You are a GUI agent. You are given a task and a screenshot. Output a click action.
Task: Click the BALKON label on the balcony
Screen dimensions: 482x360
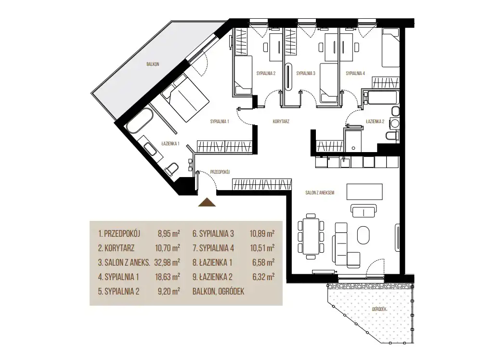tap(153, 64)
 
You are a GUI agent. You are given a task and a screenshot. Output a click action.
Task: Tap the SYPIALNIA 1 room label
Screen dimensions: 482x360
tap(220, 121)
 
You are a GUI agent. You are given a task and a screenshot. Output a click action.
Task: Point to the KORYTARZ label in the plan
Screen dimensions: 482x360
tap(281, 121)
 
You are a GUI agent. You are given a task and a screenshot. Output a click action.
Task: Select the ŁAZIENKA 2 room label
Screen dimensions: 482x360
tap(375, 121)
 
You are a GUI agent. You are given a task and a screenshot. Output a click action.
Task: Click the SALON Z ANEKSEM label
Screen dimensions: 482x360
tap(320, 193)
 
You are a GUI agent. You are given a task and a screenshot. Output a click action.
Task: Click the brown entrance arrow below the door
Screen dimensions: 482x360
tap(207, 203)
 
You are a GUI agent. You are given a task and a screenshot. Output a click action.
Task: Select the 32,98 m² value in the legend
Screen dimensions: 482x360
tap(167, 262)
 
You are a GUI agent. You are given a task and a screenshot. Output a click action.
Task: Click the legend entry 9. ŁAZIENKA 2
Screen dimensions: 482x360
tap(212, 277)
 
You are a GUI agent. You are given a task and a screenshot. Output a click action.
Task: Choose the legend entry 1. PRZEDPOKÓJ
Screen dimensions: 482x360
tap(119, 233)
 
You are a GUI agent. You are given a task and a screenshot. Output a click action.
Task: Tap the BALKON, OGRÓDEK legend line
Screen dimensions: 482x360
tap(218, 292)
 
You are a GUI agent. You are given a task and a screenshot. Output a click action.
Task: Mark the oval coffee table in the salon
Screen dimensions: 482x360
tap(364, 235)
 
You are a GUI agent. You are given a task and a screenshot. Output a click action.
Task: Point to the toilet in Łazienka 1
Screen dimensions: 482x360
tap(171, 169)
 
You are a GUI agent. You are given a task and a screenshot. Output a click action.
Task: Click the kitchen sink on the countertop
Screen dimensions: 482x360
tap(345, 162)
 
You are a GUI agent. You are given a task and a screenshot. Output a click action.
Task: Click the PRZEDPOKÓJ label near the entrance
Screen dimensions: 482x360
tap(220, 172)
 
